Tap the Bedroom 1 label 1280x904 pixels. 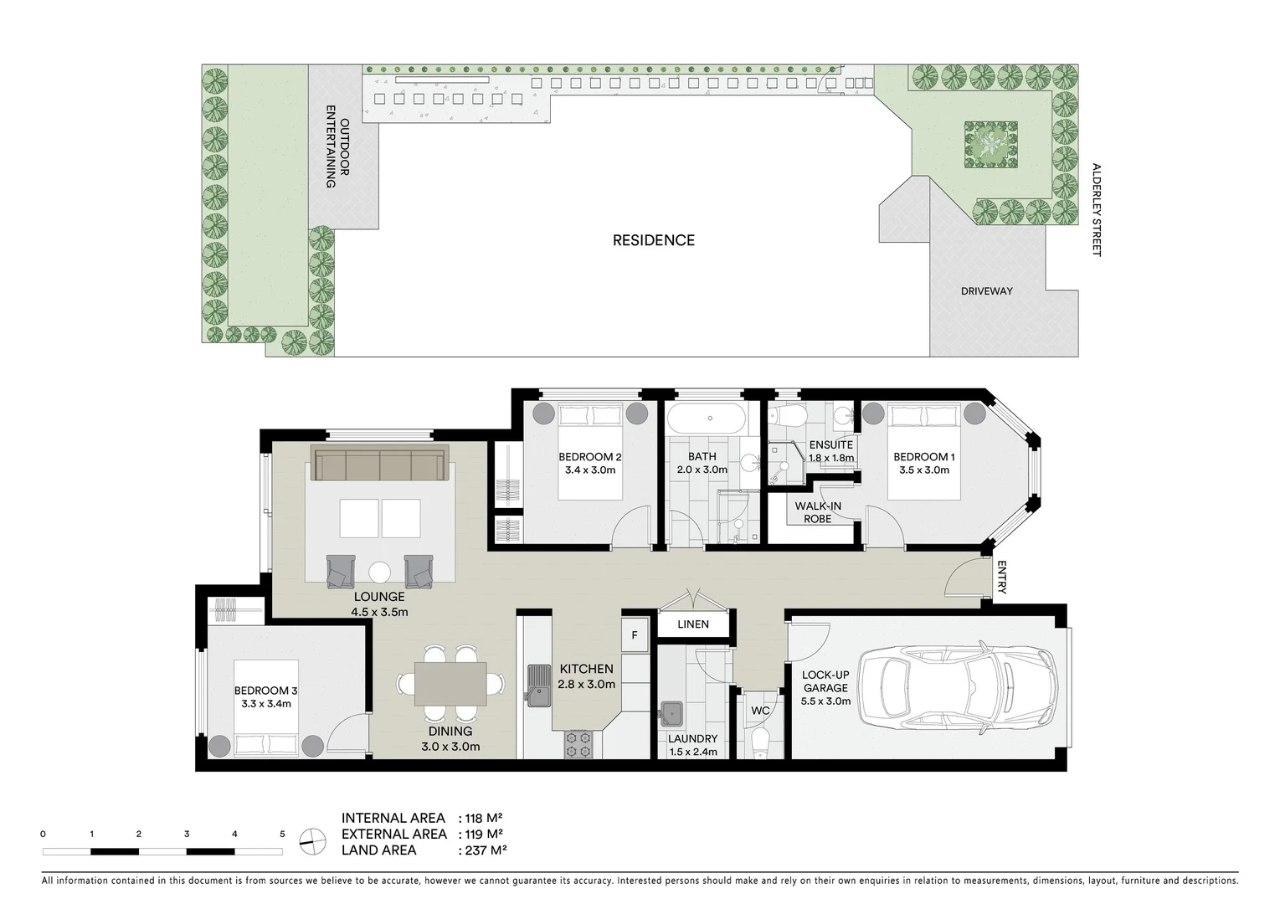[921, 463]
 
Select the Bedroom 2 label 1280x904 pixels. [589, 463]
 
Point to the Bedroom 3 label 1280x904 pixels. [265, 696]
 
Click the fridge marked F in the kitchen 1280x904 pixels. [635, 635]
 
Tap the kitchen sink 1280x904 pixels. [536, 686]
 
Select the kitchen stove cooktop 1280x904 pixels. [578, 744]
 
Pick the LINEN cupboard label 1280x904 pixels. [692, 624]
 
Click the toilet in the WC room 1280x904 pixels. [760, 742]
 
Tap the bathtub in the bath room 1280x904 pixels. [710, 418]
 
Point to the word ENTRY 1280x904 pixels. [1001, 578]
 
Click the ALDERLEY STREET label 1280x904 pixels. [1096, 209]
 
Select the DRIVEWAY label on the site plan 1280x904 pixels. [986, 291]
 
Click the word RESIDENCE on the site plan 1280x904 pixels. [653, 240]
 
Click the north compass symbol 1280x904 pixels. [311, 840]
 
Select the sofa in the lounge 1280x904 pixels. [379, 464]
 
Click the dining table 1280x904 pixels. [450, 682]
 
